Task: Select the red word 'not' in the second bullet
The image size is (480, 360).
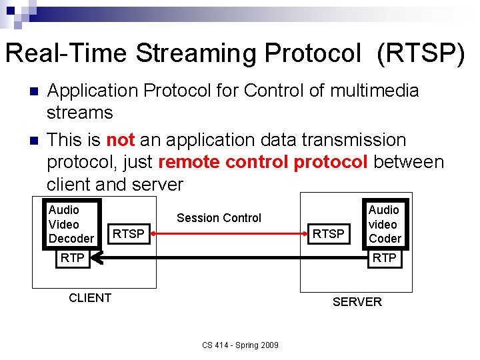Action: coord(121,140)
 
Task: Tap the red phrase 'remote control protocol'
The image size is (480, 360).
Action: coord(263,162)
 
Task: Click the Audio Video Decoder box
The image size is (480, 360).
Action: coord(71,225)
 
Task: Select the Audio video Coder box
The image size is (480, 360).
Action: coord(385,225)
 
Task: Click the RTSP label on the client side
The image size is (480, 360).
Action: coord(128,233)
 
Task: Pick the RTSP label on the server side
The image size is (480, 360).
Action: coord(329,233)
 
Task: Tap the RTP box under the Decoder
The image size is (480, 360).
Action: coord(72,258)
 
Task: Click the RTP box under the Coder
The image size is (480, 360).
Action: coord(384,258)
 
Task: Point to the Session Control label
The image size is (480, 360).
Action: coord(219,218)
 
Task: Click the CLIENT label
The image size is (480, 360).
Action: coord(90,298)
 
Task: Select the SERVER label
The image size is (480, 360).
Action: coord(357,302)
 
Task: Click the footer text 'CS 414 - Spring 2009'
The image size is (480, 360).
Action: coord(241,345)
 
